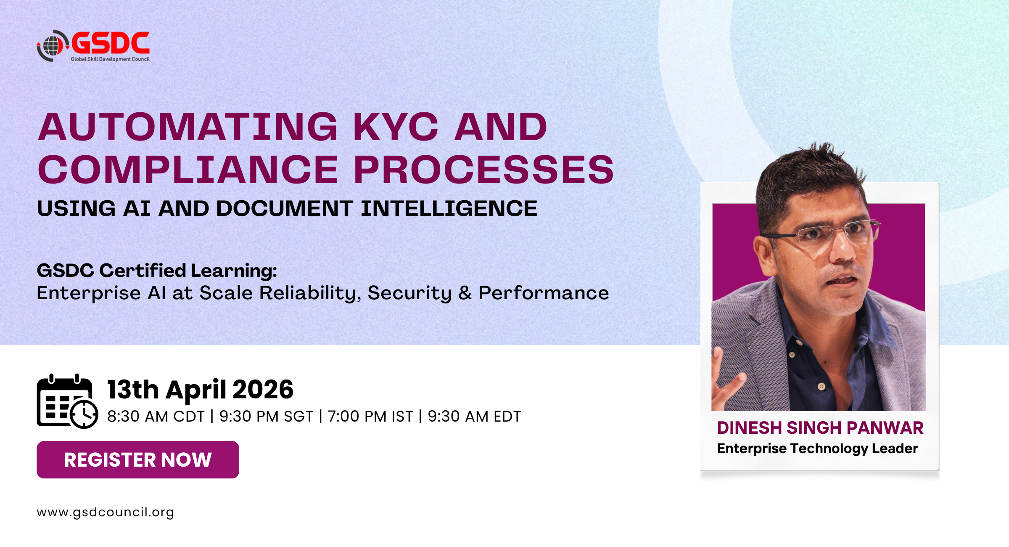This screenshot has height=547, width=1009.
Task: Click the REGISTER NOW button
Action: tap(138, 459)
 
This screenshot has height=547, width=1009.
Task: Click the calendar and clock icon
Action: tap(67, 401)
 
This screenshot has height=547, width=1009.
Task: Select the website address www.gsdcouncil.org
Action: tap(105, 512)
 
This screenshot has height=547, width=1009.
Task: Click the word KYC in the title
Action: tap(396, 127)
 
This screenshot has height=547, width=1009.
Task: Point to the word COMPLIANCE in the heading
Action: tap(188, 170)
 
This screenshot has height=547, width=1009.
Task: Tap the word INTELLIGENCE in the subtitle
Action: tap(449, 208)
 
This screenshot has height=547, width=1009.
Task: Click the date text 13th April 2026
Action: tap(200, 389)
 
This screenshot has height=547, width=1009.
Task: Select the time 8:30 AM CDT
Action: tap(156, 417)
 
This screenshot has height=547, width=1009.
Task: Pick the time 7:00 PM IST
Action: tap(370, 417)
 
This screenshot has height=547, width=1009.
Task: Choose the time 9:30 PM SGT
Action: tap(266, 417)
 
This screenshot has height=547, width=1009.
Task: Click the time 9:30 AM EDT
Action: tap(474, 417)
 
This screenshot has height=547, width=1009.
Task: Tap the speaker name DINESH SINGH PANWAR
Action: tap(820, 428)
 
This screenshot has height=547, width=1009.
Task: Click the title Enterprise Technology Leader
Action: tap(817, 449)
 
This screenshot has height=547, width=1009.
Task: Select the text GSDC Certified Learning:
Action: tap(157, 271)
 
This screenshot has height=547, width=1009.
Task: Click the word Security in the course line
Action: tap(409, 293)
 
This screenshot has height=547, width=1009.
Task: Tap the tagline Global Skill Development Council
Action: tap(110, 59)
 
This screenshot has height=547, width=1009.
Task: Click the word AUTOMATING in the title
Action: tap(188, 127)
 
